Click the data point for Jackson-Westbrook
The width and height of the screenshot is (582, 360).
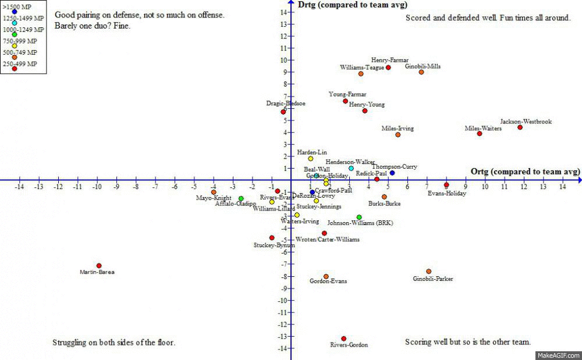520,127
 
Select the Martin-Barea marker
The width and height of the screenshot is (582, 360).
99,266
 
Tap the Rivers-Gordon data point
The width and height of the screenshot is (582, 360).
343,338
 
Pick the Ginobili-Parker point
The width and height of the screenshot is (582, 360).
429,272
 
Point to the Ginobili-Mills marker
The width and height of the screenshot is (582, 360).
421,72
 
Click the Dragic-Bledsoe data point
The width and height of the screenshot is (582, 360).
283,112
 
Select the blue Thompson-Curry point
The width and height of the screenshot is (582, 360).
392,173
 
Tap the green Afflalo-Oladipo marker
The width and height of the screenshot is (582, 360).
241,198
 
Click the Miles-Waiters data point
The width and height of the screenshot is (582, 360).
480,134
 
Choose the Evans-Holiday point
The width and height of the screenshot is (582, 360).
446,186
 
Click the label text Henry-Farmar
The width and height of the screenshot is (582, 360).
390,60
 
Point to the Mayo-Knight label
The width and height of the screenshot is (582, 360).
214,198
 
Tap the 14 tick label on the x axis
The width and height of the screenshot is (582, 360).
563,187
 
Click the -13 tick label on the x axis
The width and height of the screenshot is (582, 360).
38,187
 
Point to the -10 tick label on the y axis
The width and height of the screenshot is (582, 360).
282,301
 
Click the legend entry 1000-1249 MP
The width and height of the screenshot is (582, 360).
23,28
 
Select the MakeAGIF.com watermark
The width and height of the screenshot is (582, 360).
558,355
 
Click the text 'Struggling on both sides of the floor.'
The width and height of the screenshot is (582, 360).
113,343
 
